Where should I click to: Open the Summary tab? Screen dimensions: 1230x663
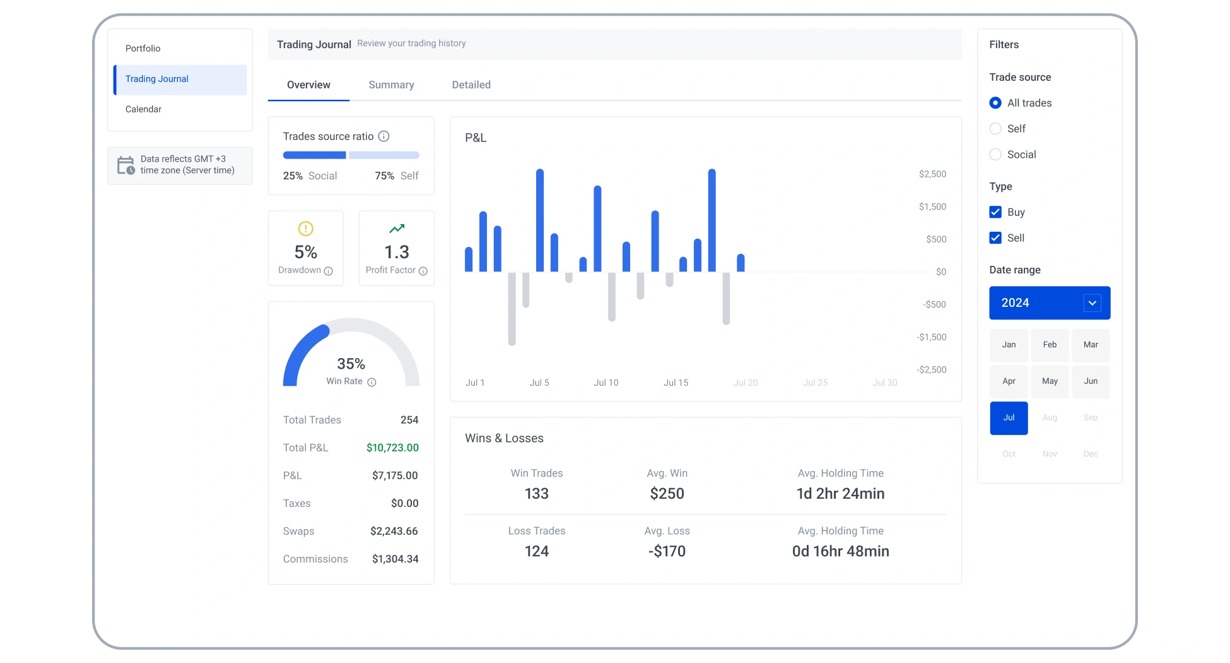[391, 85]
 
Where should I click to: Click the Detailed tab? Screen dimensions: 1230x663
[471, 85]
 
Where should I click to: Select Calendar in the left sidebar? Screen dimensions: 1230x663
[143, 109]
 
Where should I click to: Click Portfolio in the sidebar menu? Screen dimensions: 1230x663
[143, 49]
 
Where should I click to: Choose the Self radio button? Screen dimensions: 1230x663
[995, 129]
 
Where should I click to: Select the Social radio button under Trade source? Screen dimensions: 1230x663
[995, 155]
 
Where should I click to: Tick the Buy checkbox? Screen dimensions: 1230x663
[995, 212]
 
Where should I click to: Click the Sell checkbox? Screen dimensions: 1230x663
[995, 238]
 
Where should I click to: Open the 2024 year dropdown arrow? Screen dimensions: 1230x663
[1092, 303]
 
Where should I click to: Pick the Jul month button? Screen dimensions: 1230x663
[1009, 418]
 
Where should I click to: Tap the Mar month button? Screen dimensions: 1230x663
[1091, 345]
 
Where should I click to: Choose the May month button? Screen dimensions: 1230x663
[1050, 381]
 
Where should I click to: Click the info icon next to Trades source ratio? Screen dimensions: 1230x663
[384, 136]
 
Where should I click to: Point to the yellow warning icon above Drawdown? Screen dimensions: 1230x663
[306, 229]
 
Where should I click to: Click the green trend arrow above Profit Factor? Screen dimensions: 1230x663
[397, 229]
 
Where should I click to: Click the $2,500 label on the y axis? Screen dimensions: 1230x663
[932, 174]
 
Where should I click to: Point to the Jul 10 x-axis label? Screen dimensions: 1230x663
[606, 383]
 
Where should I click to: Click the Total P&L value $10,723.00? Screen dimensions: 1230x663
[392, 448]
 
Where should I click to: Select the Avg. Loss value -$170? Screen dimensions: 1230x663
[667, 551]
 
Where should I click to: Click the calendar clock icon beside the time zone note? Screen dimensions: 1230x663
[126, 165]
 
